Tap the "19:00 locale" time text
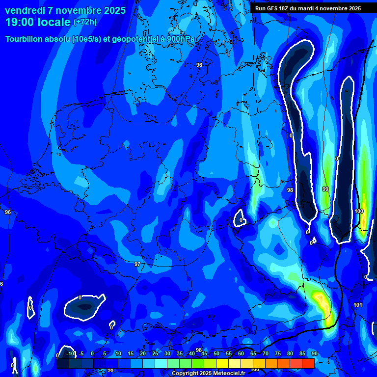(x=38, y=22)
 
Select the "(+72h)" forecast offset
(x=85, y=22)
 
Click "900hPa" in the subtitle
(x=186, y=39)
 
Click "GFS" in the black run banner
(x=274, y=8)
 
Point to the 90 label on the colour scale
(x=314, y=354)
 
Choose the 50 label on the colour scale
(x=216, y=354)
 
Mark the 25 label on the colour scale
(x=155, y=354)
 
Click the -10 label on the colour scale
(x=70, y=354)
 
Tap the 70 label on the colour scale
(x=265, y=354)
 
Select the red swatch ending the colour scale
(x=308, y=363)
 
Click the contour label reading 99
(x=325, y=189)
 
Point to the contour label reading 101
(x=358, y=305)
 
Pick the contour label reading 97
(x=137, y=264)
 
